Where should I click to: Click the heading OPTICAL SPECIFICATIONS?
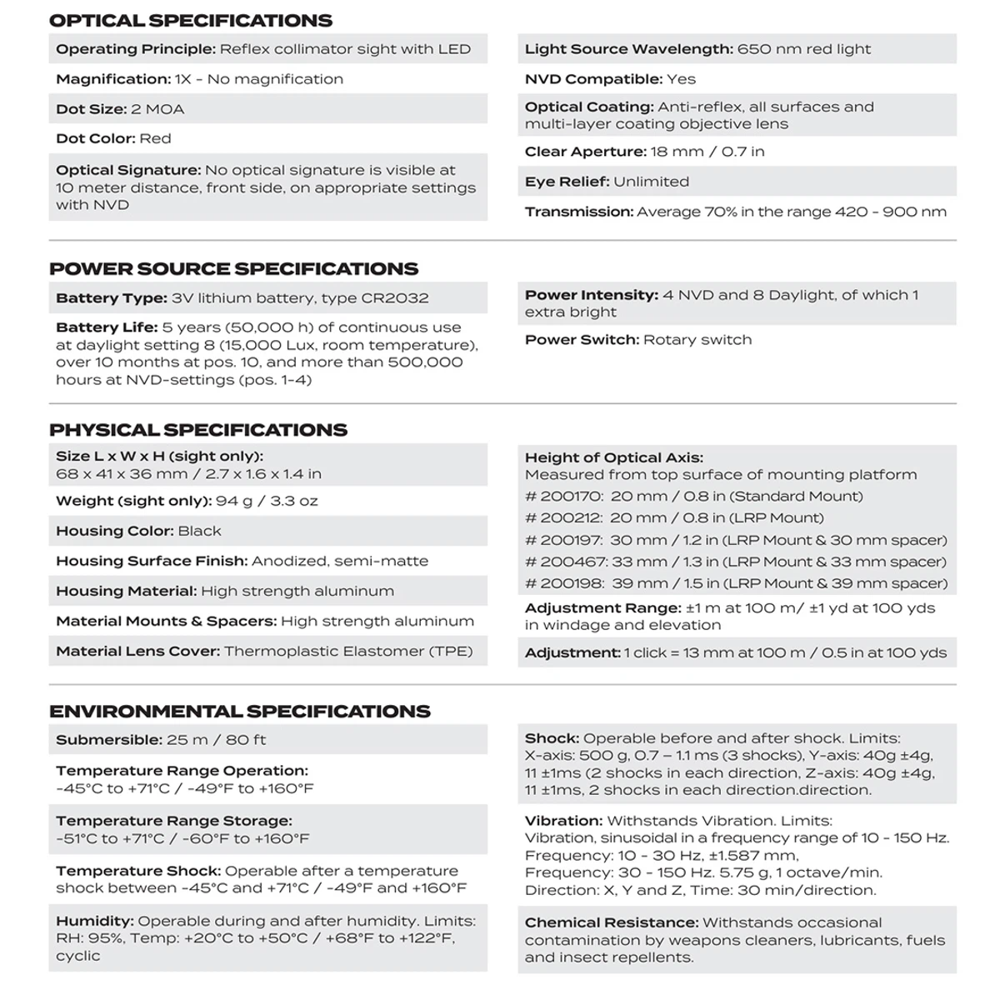click(x=190, y=20)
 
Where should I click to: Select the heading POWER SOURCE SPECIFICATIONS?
click(x=233, y=268)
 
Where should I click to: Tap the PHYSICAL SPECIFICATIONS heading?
click(x=198, y=430)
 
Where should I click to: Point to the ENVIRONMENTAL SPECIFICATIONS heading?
click(x=240, y=711)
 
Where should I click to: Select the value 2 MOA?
click(x=158, y=109)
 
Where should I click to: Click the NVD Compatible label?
click(x=593, y=79)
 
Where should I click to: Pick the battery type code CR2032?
click(x=395, y=298)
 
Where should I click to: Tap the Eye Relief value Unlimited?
click(x=651, y=182)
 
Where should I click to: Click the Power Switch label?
click(x=582, y=340)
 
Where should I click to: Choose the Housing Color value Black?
click(x=200, y=531)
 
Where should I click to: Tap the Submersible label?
click(x=108, y=740)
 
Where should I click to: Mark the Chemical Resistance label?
click(x=611, y=922)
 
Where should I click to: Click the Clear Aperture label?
click(x=585, y=152)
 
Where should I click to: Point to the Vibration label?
click(x=562, y=821)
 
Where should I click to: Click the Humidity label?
click(x=94, y=921)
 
